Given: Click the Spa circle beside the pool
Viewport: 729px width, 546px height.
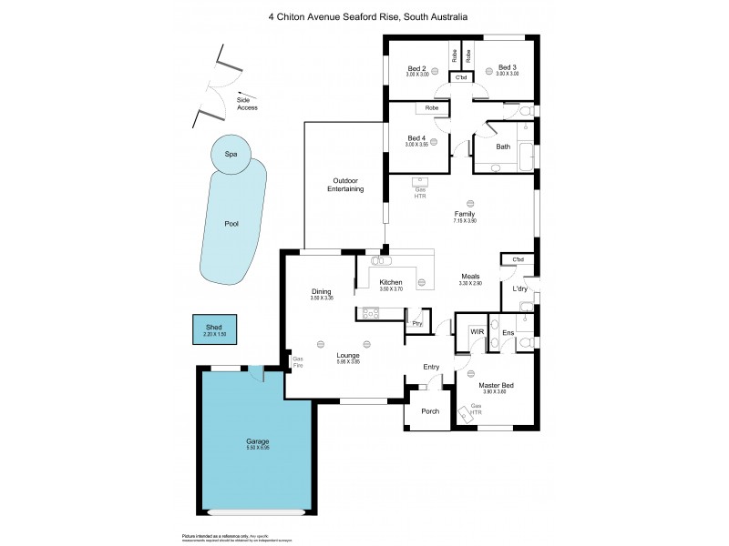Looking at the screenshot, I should click(x=231, y=156).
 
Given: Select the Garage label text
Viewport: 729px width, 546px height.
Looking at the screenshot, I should click(x=256, y=441).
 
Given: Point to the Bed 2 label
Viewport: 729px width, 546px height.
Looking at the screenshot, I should click(x=416, y=68).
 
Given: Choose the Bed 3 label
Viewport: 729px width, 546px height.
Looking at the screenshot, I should click(x=507, y=68).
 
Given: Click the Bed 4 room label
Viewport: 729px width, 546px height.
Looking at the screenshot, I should click(x=416, y=139).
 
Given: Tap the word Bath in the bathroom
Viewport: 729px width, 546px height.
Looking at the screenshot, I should click(x=502, y=147).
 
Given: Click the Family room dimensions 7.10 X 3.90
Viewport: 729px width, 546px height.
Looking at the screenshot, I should click(x=466, y=221).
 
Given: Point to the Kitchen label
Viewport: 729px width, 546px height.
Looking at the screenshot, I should click(x=391, y=283).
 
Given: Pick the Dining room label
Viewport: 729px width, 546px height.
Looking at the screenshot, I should click(x=322, y=291).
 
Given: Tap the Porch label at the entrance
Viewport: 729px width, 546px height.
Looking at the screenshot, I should click(x=430, y=411).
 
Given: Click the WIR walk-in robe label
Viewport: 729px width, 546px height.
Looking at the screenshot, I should click(x=475, y=332).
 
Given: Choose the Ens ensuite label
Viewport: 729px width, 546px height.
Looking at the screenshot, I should click(x=508, y=334).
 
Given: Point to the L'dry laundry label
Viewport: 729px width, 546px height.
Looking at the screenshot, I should click(x=520, y=289).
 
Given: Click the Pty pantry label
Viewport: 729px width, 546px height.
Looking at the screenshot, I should click(x=416, y=323).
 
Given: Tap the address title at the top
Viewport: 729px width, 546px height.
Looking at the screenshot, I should click(x=364, y=15).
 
